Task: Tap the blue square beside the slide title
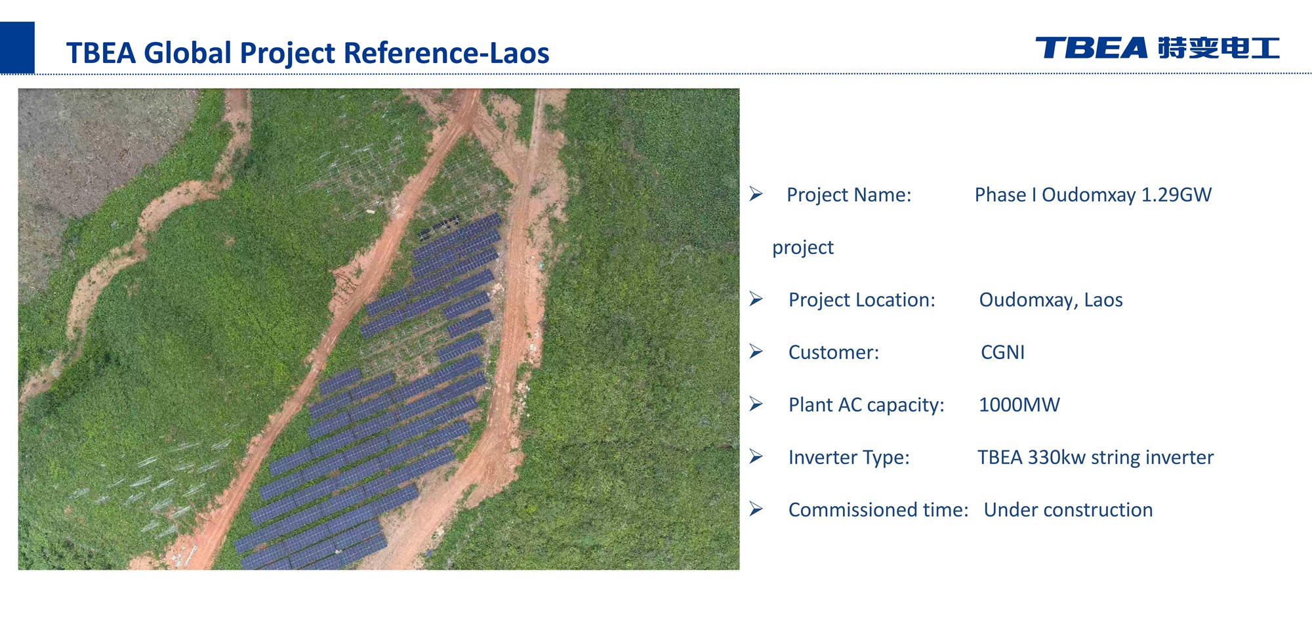coord(17,47)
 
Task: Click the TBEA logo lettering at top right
coord(1091,48)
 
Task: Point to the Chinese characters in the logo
coord(1219,48)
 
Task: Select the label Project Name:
coord(849,195)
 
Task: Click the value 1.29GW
coord(1176,195)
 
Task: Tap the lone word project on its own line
coord(803,248)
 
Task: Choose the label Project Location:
coord(862,300)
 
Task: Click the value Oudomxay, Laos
coord(1051,300)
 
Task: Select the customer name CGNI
coord(1002,353)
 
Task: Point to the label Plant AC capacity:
coord(867,405)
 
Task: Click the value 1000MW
coord(1019,405)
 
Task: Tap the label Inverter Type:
coord(849,458)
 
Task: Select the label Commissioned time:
coord(878,510)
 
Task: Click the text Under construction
coord(1068,510)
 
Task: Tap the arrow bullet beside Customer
coord(756,352)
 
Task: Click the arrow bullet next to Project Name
coord(756,194)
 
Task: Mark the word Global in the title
coord(188,53)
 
